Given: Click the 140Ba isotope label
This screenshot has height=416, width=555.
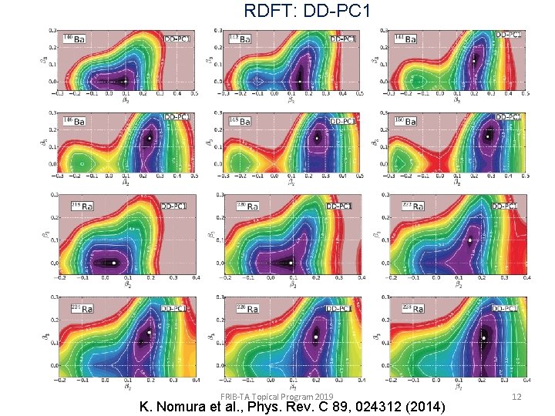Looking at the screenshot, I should coord(76,39).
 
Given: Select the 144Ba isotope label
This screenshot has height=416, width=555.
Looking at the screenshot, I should coord(407,39).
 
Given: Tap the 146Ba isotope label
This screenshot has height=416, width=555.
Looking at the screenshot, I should coord(76,121).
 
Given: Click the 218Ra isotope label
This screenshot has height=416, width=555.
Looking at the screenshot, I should coord(76,206).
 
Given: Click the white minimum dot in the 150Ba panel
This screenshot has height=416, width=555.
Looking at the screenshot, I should coord(486,136).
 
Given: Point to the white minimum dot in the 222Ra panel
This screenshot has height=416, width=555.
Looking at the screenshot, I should coord(469,240).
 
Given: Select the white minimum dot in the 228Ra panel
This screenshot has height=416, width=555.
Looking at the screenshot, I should coord(483,337).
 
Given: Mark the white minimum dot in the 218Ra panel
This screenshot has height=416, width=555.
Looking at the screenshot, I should coord(113,263).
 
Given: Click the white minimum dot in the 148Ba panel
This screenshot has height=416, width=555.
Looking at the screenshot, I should coord(316,139).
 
